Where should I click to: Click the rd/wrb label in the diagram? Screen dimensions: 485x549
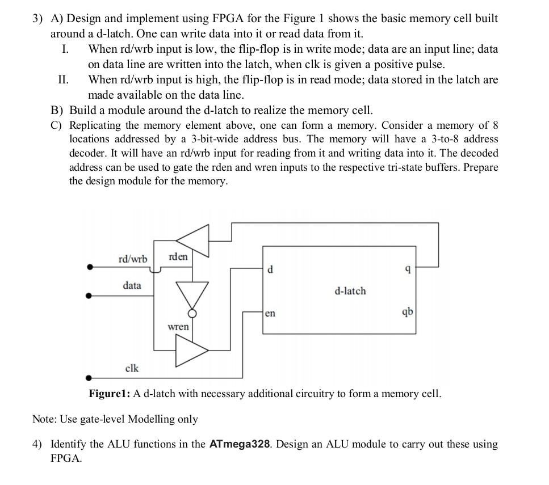click(132, 259)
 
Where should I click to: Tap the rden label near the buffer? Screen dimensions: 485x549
click(178, 257)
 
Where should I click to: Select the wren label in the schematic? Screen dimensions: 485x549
click(178, 327)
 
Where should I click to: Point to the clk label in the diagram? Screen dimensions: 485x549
click(131, 369)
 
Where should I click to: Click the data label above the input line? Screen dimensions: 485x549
click(132, 285)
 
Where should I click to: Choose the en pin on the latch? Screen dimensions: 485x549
click(270, 313)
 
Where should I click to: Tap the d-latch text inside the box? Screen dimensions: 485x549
click(350, 291)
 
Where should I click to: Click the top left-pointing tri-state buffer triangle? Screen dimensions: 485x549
click(193, 241)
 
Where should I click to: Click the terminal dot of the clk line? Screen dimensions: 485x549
click(89, 378)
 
